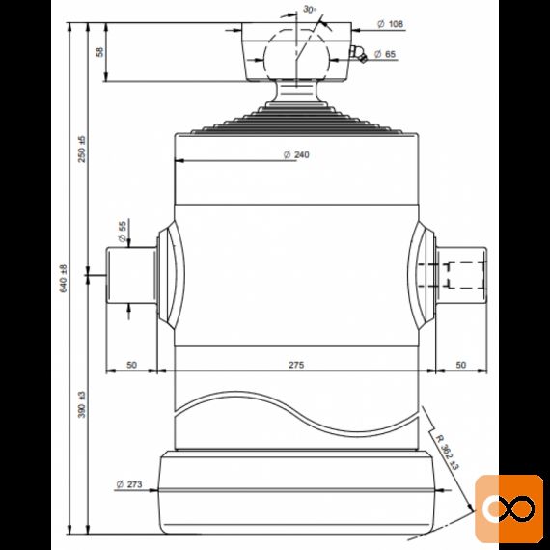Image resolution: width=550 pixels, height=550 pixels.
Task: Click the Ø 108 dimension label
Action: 390,24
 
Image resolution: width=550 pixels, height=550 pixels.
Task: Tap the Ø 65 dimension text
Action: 385,54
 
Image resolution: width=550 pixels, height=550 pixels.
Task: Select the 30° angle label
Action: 310,10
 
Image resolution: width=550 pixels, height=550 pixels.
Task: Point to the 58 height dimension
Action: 100,52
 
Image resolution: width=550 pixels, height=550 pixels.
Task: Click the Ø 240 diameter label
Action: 296,154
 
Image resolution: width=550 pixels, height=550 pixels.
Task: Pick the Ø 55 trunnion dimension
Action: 123,232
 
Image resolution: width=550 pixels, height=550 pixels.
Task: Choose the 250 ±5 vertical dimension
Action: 81,149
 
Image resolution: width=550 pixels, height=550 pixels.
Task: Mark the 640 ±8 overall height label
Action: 63,279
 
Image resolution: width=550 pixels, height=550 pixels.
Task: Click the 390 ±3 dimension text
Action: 81,404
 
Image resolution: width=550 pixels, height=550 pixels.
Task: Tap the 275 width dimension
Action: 296,365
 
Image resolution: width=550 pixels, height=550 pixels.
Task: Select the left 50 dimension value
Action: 131,365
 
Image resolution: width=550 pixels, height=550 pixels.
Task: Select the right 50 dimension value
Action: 461,365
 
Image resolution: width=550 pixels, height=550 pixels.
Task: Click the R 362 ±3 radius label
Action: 447,453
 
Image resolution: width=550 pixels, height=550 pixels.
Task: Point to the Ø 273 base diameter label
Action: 129,484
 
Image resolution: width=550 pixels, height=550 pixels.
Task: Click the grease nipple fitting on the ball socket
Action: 358,54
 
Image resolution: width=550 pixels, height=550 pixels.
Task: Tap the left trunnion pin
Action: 131,275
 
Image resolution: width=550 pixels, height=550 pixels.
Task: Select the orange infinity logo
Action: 509,509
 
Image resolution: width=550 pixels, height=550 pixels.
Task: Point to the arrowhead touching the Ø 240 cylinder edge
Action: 179,161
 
